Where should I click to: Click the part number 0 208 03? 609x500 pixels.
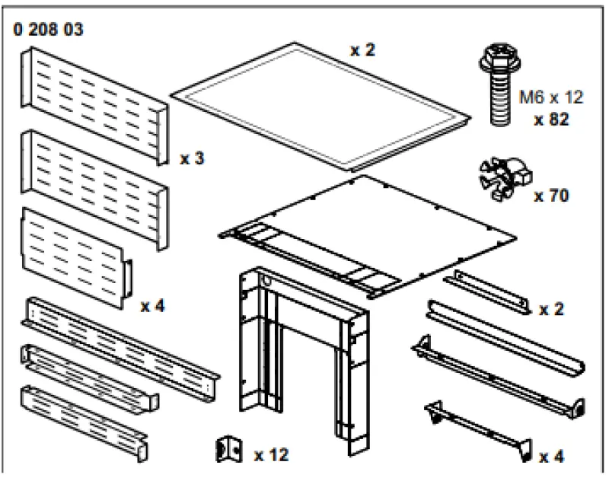[48, 30]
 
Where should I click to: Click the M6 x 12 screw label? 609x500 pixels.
[550, 97]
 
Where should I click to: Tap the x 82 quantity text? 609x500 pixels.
[550, 119]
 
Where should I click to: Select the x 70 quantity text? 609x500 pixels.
[550, 196]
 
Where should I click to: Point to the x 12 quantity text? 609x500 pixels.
[271, 455]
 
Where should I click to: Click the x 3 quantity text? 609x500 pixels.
[192, 159]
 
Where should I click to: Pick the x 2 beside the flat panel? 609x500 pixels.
[363, 50]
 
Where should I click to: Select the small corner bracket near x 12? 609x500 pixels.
[229, 450]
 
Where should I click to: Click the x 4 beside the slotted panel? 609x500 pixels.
[152, 306]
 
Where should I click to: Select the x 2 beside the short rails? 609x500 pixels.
[552, 309]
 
